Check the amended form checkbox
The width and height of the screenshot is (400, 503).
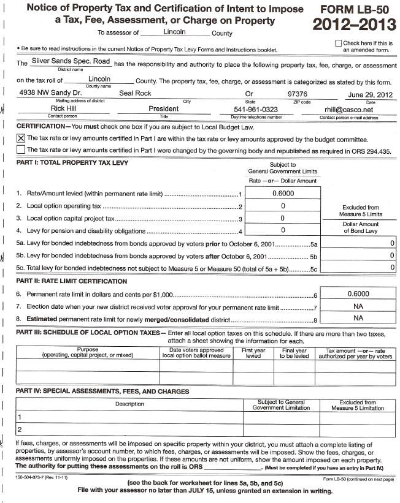(x=339, y=43)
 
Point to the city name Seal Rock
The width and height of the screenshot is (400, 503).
(x=134, y=94)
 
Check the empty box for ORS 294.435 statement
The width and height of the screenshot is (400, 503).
(x=21, y=149)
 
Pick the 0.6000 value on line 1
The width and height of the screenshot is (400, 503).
(x=282, y=194)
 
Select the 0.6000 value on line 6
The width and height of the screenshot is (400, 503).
(x=358, y=293)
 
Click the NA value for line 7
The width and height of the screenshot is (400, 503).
(x=358, y=306)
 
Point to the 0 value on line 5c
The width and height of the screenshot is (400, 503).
(x=391, y=267)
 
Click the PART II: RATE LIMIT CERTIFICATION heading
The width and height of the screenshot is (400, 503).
(x=71, y=281)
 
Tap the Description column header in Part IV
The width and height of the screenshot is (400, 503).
(x=129, y=404)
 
